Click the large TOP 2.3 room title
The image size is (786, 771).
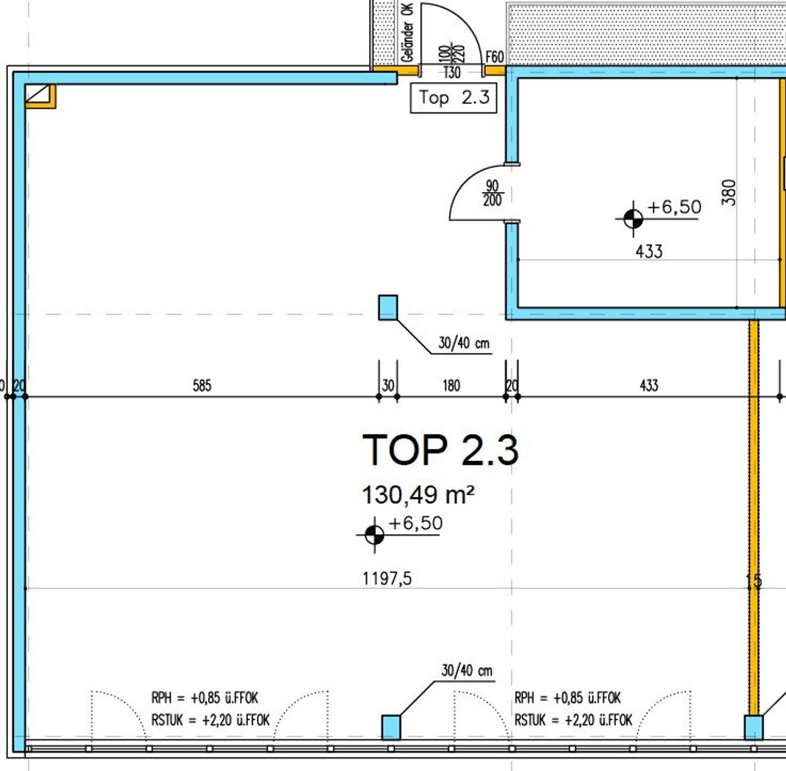440,449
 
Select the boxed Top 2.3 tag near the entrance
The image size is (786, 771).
454,98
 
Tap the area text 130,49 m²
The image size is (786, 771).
418,495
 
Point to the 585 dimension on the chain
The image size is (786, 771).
202,385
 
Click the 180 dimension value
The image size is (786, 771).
451,385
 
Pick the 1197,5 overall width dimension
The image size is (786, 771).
387,578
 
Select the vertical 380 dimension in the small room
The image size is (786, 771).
729,193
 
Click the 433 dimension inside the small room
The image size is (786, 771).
649,252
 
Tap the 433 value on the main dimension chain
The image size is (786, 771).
649,385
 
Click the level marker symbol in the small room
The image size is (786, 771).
633,219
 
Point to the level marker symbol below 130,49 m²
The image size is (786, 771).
375,535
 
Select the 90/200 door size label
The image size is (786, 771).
492,193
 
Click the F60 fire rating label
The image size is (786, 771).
495,56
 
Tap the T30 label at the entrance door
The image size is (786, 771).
452,72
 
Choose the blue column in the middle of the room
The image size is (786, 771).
388,308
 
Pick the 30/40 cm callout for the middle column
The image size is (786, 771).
464,343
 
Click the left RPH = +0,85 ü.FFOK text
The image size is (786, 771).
204,698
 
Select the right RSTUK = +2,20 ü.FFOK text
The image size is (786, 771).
574,721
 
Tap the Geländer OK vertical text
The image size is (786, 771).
408,33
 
